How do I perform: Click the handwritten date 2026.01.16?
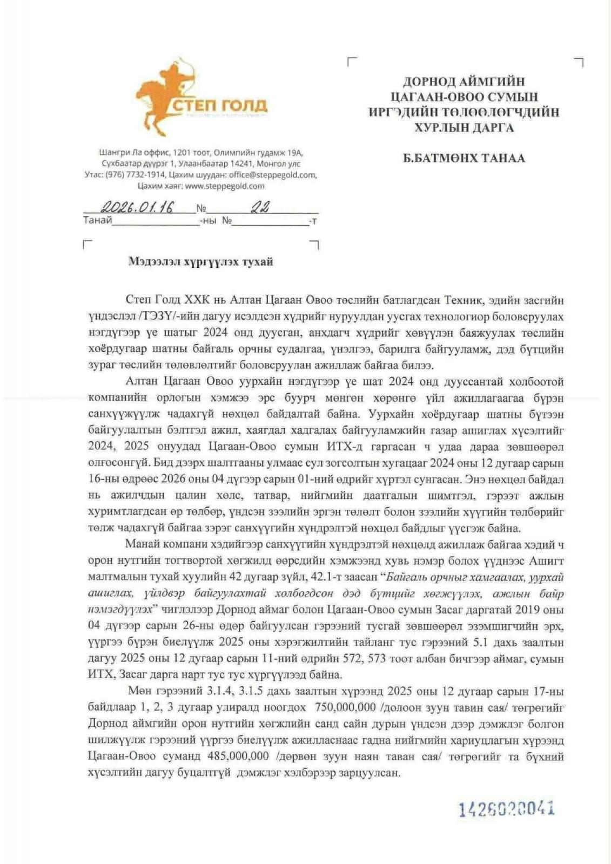pos(138,207)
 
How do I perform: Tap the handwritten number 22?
pos(260,207)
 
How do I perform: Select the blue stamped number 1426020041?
pos(507,809)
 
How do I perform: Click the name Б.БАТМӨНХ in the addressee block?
pos(438,158)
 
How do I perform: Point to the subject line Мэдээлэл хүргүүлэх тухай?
pos(200,262)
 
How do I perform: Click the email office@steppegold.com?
pos(272,175)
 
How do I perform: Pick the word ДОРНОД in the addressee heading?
pos(430,82)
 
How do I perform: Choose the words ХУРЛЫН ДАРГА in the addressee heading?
pos(464,128)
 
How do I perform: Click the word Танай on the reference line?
pos(97,220)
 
